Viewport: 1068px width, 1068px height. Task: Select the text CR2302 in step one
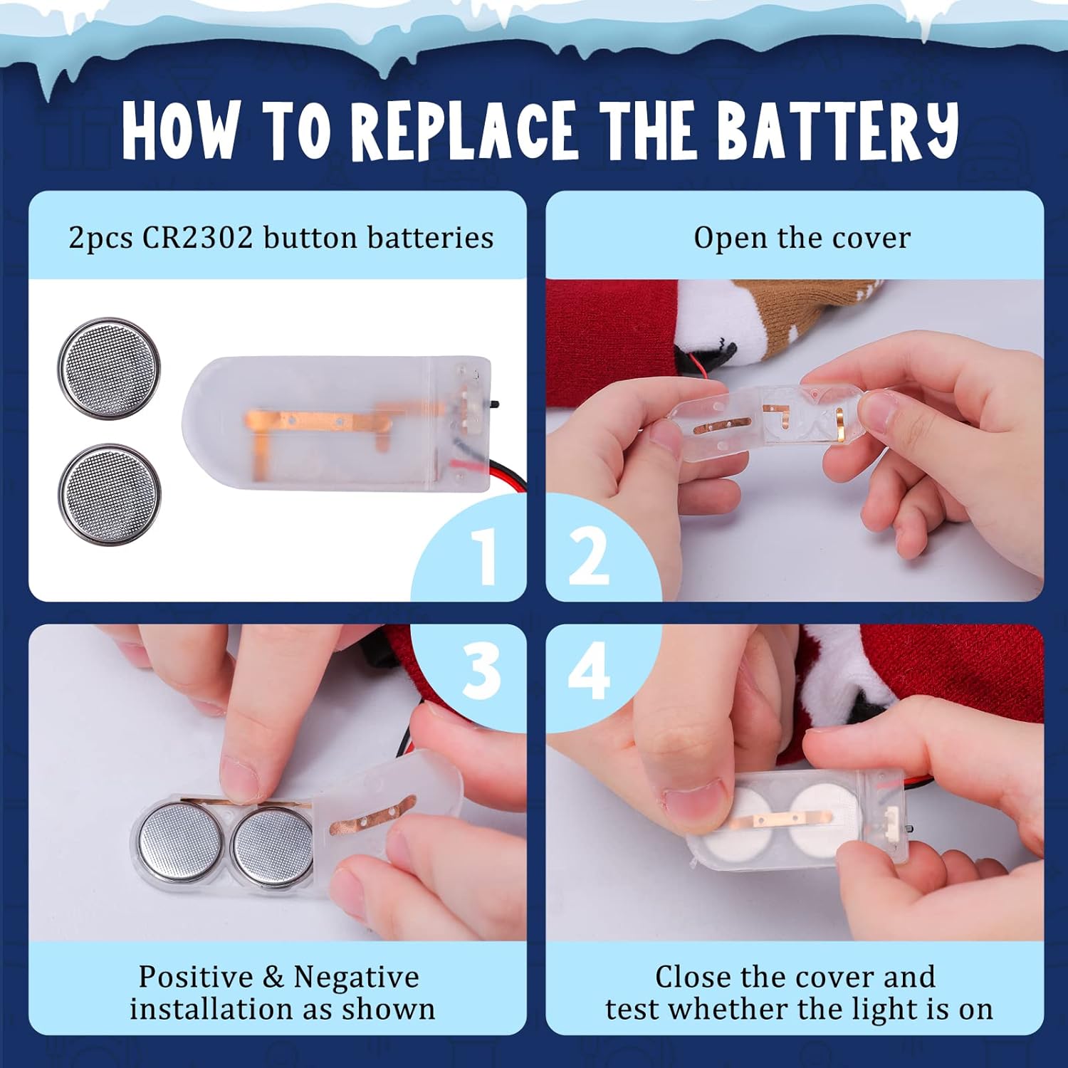tap(197, 238)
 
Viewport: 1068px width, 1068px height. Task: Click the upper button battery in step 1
tap(109, 368)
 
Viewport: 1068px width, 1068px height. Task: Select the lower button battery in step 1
tap(110, 495)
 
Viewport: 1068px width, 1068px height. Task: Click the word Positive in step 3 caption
tap(196, 977)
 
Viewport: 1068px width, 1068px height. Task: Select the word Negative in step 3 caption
tap(357, 978)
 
